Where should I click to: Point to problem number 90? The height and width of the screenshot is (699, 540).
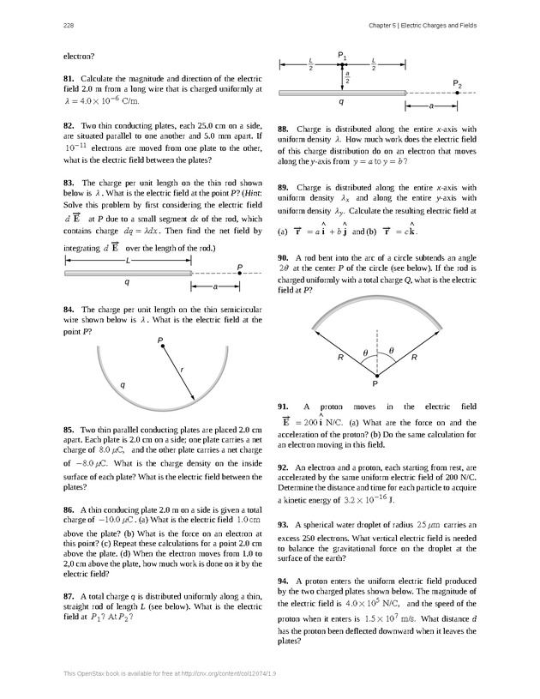click(x=283, y=233)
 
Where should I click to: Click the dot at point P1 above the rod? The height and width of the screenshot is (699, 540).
click(x=342, y=63)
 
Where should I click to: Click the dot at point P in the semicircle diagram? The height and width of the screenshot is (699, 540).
click(x=162, y=347)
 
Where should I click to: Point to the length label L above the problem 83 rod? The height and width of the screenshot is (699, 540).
click(x=127, y=260)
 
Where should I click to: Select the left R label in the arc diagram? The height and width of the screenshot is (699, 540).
click(x=340, y=357)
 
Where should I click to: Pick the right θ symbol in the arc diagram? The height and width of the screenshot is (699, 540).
click(x=392, y=351)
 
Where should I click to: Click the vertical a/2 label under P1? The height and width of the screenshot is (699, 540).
click(x=348, y=76)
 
